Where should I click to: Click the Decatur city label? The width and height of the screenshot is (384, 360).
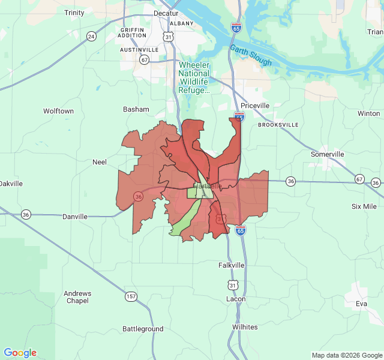[x=166, y=13]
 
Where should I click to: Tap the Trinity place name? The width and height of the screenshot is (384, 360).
[x=74, y=13]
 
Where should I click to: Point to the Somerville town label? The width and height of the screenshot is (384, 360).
[x=327, y=154]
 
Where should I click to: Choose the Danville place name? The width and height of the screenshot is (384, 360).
[x=75, y=217]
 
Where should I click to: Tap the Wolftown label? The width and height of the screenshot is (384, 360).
[x=58, y=111]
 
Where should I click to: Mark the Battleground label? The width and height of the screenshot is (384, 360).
[x=143, y=329]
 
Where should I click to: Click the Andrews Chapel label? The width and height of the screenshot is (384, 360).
[x=77, y=297]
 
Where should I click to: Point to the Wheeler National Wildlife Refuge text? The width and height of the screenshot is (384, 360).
[x=194, y=77]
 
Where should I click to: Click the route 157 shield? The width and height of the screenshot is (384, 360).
[x=131, y=296]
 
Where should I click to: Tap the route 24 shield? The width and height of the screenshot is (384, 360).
[x=91, y=37]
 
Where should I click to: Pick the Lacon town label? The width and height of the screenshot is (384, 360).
[x=236, y=299]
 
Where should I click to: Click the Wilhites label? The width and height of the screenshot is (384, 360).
[x=245, y=327]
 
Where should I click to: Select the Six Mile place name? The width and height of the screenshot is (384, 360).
[x=364, y=206]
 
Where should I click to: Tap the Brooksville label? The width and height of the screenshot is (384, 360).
[x=278, y=125]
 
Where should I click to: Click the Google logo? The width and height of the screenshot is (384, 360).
[x=20, y=353]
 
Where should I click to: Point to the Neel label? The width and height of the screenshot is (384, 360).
[x=99, y=162]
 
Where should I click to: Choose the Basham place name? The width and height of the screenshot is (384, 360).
[x=136, y=109]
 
